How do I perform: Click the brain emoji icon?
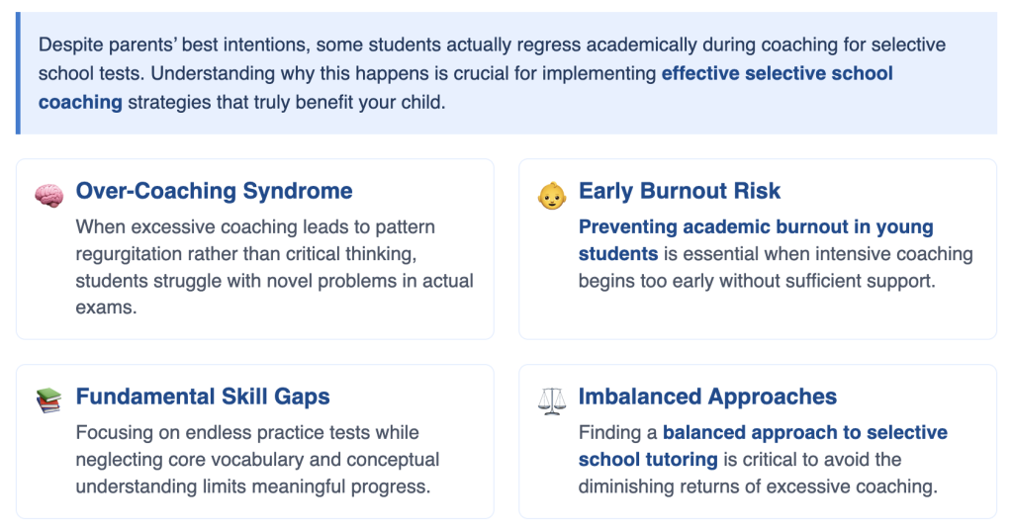coord(49,195)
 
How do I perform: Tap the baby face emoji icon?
coord(552,196)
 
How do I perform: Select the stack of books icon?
coord(48,400)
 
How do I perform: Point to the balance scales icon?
coord(552,400)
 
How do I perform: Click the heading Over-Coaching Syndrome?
coord(214,191)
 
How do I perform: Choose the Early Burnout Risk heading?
coord(679,191)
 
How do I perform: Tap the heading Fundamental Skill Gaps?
coord(203,397)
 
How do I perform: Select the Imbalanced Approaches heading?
coord(707,397)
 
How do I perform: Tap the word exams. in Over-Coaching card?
coord(106,308)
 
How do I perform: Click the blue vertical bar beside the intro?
coord(18,73)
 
